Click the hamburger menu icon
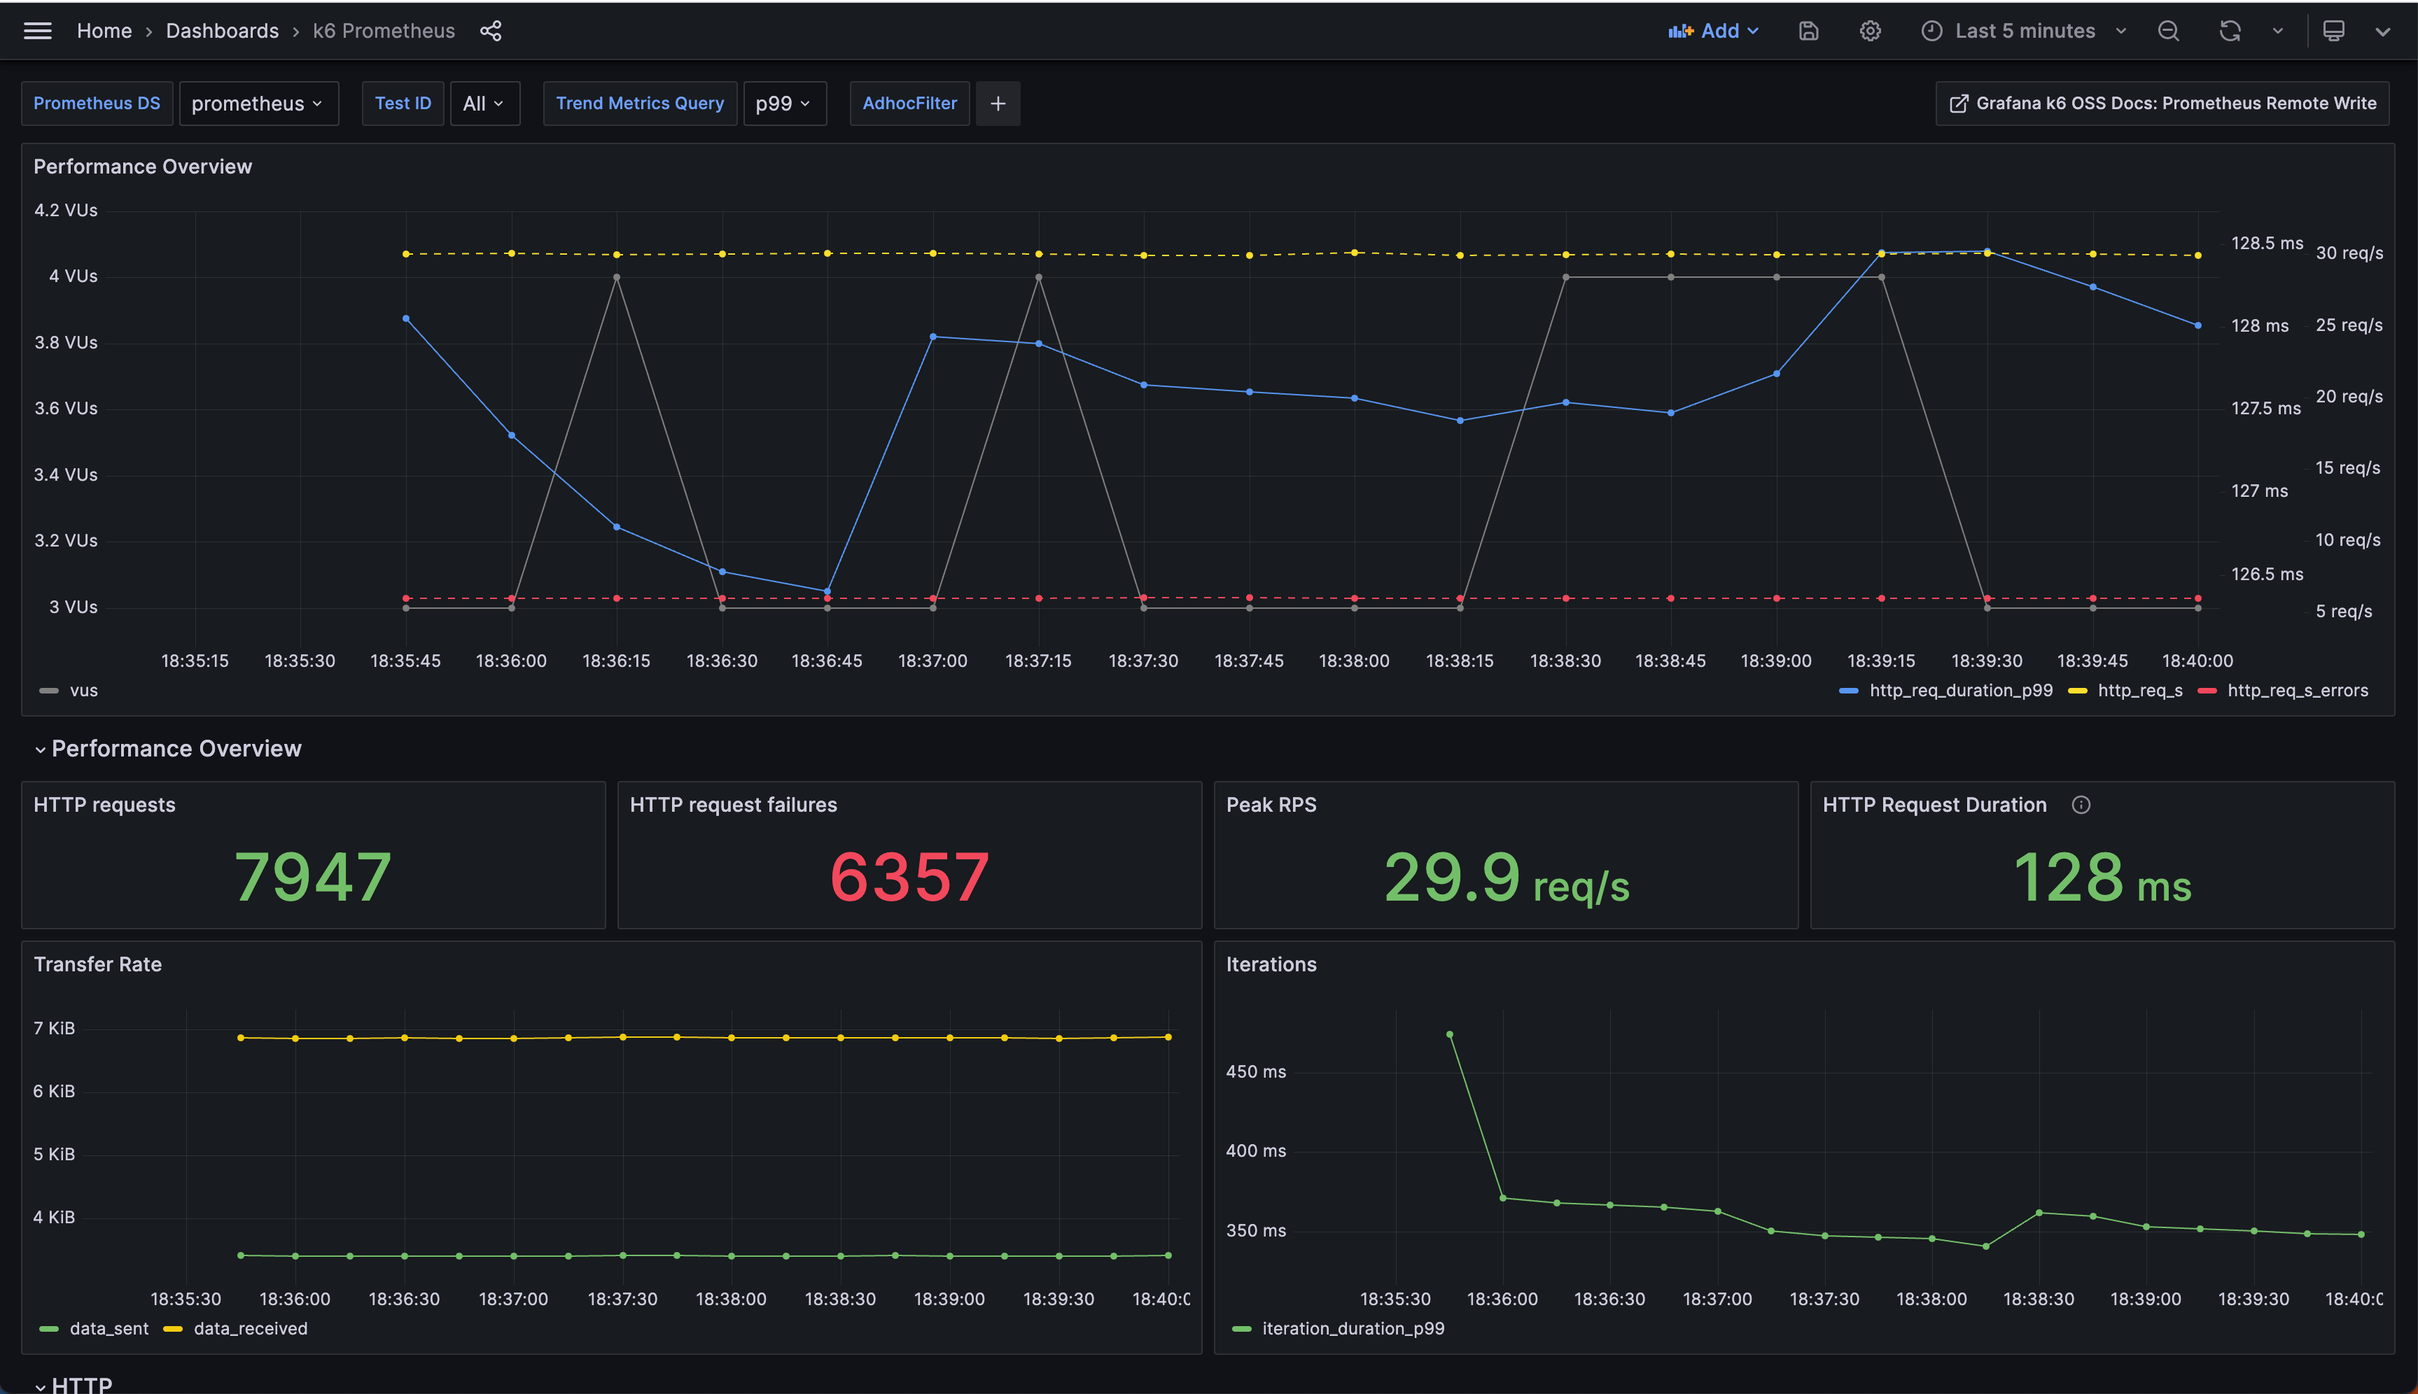(x=37, y=31)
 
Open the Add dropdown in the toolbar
(x=1713, y=31)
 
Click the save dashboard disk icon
(x=1808, y=31)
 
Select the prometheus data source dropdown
(x=258, y=104)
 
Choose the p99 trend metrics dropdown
(x=783, y=104)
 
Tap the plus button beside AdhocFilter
(x=997, y=104)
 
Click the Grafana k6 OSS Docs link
(x=2162, y=104)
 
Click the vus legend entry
(x=83, y=690)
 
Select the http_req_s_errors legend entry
(x=2296, y=690)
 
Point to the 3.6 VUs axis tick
(x=65, y=409)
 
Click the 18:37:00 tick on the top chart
(x=932, y=661)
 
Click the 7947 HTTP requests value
(x=313, y=876)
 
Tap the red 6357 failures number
(x=909, y=876)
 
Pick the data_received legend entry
(x=249, y=1328)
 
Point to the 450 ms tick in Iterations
(x=1255, y=1071)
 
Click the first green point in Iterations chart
(x=1449, y=1034)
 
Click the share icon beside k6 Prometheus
(x=490, y=31)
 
